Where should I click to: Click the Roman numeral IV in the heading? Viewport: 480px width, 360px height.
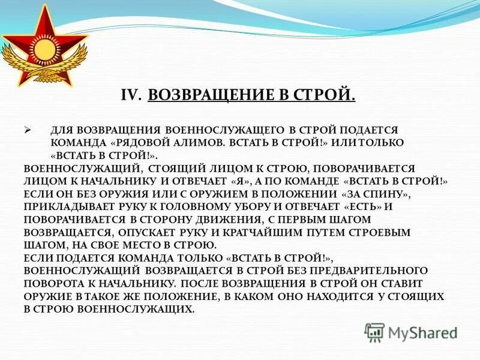point(130,95)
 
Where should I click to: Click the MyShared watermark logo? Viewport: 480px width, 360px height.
point(412,332)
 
